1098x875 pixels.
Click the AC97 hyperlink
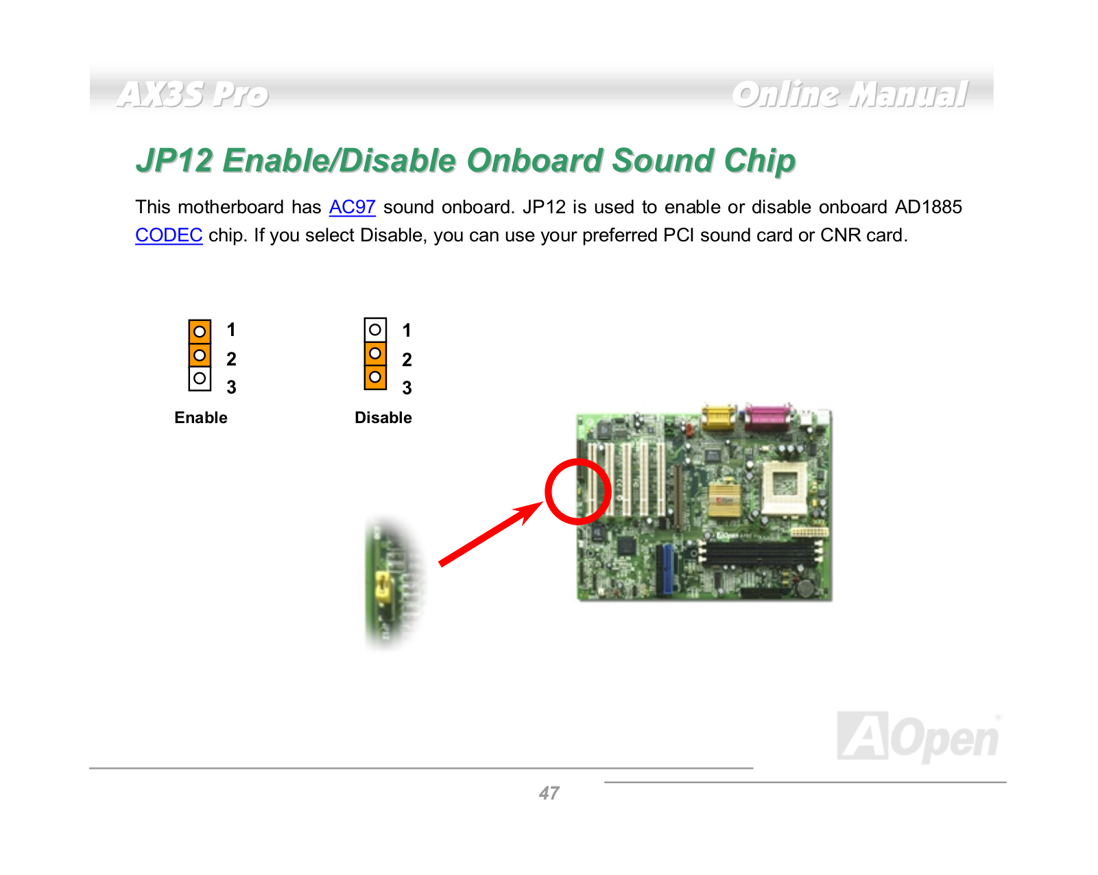click(x=352, y=207)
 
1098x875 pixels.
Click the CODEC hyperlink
click(x=169, y=235)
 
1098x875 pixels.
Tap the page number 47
click(x=549, y=793)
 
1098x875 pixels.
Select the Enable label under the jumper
click(x=201, y=418)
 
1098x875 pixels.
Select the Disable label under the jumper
click(x=383, y=418)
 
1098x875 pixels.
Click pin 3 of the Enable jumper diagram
click(x=200, y=379)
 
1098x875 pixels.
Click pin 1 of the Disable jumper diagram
click(x=375, y=330)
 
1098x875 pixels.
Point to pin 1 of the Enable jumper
click(x=200, y=332)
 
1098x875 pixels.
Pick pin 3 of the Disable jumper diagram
click(x=375, y=378)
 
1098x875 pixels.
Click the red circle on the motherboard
click(x=547, y=491)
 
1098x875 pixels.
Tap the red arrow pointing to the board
click(x=490, y=534)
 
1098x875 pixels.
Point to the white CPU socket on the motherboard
click(x=785, y=488)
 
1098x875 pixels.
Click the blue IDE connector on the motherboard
click(x=666, y=569)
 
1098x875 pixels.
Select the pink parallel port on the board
click(x=768, y=416)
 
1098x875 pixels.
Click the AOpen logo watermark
click(x=918, y=736)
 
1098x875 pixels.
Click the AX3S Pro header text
click(x=192, y=95)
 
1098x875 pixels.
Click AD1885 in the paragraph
click(x=928, y=207)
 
